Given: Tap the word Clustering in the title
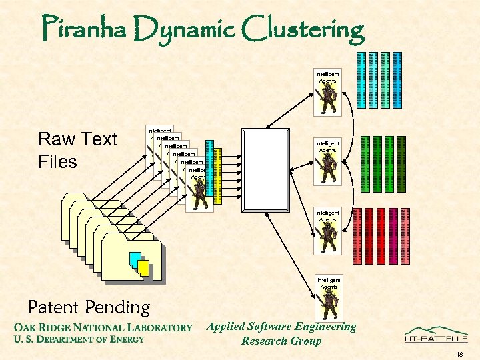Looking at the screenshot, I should pos(305,29).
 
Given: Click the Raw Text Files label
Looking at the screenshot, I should pos(77,150).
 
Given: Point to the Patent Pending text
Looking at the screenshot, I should pos(89,307).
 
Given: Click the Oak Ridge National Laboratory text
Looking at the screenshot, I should pos(103,327).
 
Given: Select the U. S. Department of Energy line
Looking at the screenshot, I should pos(79,339).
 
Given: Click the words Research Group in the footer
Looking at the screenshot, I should pos(281,341).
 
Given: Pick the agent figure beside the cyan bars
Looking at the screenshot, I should pos(327,99).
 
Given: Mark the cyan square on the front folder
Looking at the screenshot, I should pos(135,259).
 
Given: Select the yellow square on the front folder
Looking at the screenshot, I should pos(143,267).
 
